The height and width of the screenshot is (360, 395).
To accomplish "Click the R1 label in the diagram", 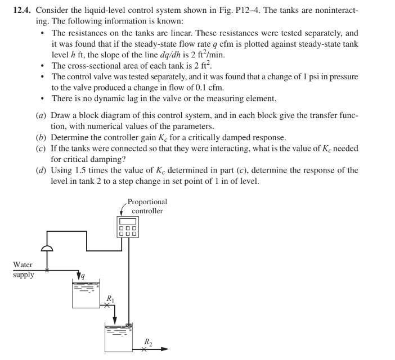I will [x=110, y=298].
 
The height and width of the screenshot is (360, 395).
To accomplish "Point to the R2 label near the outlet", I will [x=147, y=341].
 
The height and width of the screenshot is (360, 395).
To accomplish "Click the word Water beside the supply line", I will [x=23, y=264].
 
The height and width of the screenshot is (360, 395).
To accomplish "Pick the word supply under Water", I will [x=24, y=275].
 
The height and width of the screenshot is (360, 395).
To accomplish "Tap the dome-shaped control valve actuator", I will [x=50, y=246].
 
